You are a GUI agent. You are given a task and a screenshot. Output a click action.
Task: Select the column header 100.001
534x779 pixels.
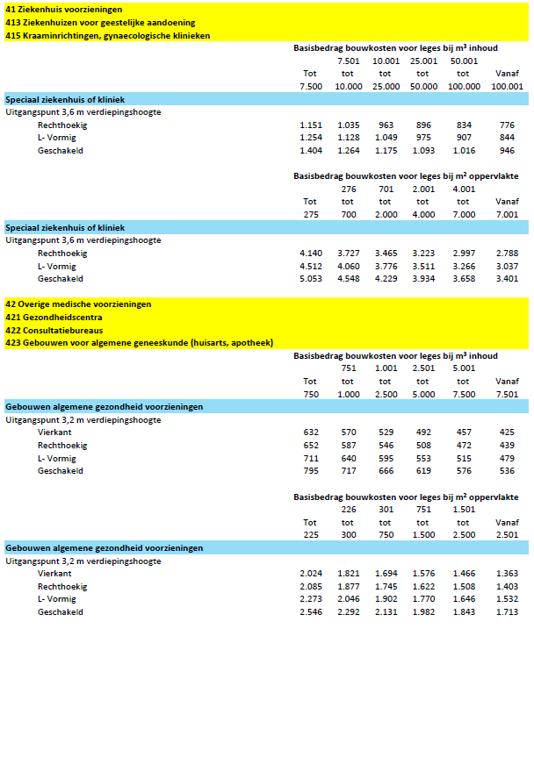(507, 87)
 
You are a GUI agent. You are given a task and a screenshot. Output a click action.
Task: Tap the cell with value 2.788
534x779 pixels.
(507, 253)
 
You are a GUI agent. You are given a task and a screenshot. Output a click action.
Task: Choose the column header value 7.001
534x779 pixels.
(507, 214)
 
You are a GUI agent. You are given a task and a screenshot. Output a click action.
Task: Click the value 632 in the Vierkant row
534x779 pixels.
(311, 432)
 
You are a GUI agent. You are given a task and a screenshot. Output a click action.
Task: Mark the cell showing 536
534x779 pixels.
(507, 471)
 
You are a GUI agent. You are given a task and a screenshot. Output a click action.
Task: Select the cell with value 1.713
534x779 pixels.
(507, 611)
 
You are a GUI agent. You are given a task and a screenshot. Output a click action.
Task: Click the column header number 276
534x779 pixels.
(348, 189)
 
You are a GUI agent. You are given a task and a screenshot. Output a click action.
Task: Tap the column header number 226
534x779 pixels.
(348, 509)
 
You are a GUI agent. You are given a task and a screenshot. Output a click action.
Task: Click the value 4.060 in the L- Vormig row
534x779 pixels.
(348, 266)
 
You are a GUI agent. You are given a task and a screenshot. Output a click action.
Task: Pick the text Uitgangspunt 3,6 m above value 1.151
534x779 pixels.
(83, 112)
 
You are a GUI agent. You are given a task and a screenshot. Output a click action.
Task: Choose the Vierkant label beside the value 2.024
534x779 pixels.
(54, 573)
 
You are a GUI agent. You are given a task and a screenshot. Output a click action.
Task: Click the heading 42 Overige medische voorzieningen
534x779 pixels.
(78, 304)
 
